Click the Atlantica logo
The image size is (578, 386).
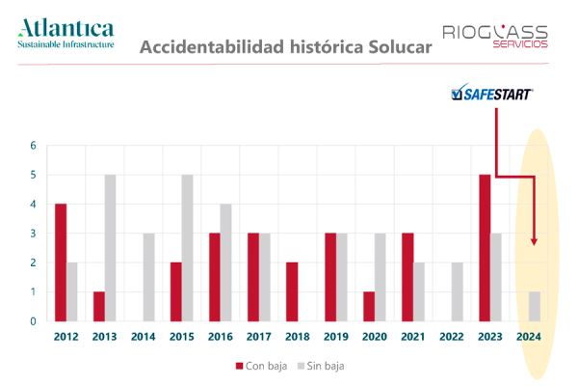66,32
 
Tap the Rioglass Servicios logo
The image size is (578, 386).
495,37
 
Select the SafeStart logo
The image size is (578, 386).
492,95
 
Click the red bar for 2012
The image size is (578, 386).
61,262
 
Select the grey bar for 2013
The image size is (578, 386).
111,248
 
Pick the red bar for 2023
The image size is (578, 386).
485,248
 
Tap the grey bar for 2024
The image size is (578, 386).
535,307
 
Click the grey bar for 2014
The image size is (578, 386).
149,277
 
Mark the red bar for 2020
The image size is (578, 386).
369,307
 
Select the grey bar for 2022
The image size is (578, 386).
458,291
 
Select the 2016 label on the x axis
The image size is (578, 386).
220,337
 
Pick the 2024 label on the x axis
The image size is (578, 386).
528,337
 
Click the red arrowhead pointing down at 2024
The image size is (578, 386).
533,240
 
